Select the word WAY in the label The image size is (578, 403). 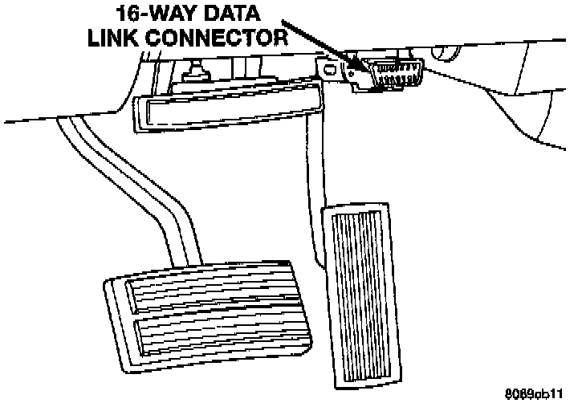(x=164, y=14)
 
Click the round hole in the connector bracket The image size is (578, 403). (x=350, y=71)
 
